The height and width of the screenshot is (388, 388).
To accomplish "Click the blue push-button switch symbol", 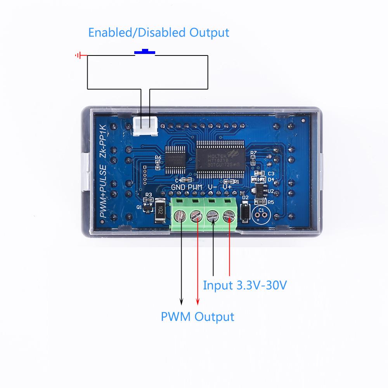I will click(145, 52).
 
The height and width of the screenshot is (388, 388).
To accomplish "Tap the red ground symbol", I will click(79, 55).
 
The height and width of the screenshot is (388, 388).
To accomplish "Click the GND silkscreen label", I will click(178, 187).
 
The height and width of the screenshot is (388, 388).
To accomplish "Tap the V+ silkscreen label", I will click(227, 187).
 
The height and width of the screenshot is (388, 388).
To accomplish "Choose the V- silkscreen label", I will click(212, 187).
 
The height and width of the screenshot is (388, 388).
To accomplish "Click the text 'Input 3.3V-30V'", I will click(245, 286).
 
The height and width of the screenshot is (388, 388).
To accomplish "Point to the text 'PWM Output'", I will click(197, 317).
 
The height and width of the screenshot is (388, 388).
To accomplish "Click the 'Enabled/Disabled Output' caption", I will click(159, 32).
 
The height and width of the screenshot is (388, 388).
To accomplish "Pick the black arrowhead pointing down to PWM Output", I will click(180, 301).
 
